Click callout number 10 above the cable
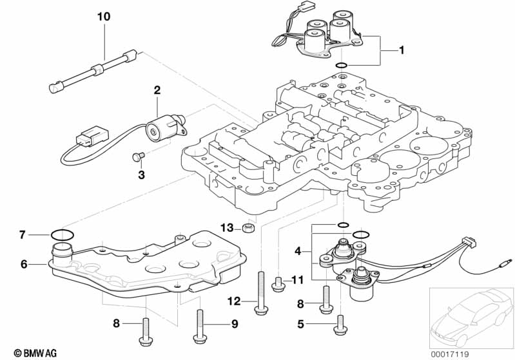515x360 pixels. coord(104,16)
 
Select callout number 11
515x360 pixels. coord(296,279)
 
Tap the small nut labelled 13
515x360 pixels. coord(248,229)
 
